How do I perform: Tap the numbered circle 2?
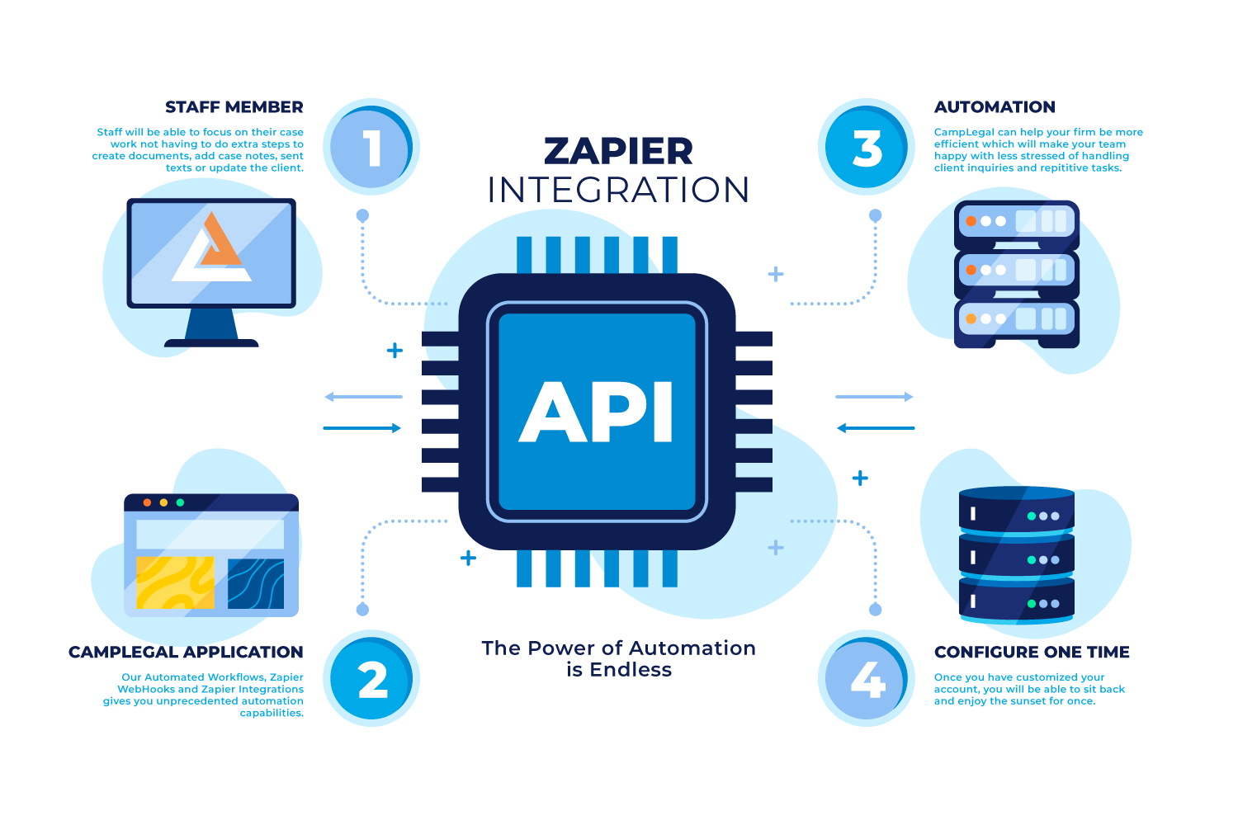point(371,680)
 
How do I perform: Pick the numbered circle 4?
point(867,680)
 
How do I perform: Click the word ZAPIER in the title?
point(618,152)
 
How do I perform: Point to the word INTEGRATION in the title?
point(618,191)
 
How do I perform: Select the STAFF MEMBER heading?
point(234,107)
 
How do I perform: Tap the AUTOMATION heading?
point(995,107)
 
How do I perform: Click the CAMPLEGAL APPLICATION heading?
point(186,653)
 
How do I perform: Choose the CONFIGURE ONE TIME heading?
point(1032,653)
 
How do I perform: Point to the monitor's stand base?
point(211,342)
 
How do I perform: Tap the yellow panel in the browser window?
point(175,582)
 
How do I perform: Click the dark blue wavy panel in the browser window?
point(256,582)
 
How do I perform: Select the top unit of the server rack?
point(1017,222)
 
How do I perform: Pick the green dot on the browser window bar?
point(181,502)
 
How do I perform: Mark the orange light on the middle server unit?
point(971,270)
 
